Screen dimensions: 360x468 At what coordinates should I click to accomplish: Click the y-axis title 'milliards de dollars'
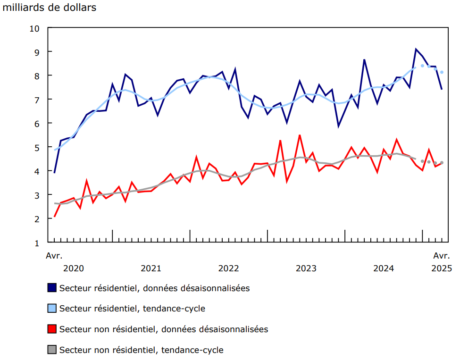(50, 8)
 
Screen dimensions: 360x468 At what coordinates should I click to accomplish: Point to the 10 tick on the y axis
(35, 28)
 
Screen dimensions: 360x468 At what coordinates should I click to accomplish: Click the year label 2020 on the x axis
(73, 268)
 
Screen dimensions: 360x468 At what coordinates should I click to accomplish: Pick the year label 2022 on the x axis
(228, 268)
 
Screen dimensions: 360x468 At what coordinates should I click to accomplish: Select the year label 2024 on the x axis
(384, 268)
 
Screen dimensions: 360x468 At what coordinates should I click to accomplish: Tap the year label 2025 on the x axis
(442, 268)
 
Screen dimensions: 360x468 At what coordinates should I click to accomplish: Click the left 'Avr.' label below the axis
(54, 256)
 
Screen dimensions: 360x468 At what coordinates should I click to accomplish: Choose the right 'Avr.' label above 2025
(442, 256)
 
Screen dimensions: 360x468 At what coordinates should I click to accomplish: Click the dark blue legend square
(52, 288)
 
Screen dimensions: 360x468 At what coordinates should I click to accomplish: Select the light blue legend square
(52, 309)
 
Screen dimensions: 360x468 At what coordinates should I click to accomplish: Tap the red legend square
(52, 329)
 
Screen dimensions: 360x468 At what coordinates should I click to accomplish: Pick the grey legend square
(52, 350)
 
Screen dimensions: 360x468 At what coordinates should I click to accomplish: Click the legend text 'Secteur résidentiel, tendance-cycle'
(132, 309)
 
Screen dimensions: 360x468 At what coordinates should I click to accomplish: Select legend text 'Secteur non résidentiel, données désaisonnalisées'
(164, 329)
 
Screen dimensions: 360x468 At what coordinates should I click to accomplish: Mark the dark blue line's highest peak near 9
(416, 49)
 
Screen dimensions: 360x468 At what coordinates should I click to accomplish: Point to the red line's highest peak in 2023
(299, 135)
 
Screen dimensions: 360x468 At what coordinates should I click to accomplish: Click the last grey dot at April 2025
(442, 163)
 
